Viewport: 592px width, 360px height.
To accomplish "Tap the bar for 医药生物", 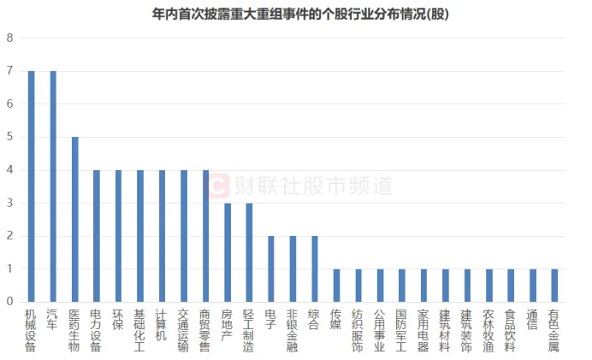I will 75,220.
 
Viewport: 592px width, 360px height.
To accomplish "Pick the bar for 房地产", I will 228,252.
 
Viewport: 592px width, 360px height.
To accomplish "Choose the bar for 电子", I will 271,269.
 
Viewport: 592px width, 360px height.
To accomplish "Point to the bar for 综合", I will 315,269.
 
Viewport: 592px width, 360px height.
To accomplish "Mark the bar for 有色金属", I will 554,286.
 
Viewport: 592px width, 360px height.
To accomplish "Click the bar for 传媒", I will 336,286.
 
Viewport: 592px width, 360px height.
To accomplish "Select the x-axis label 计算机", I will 162,324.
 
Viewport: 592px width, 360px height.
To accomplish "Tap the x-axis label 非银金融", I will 293,330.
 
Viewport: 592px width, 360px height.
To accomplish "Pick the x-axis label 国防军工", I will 401,330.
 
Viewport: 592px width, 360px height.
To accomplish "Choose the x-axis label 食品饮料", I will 511,330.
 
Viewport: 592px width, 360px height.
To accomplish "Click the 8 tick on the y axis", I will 9,38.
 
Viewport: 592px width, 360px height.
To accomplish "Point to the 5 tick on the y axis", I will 9,137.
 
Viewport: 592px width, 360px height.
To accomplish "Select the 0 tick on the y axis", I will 9,302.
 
